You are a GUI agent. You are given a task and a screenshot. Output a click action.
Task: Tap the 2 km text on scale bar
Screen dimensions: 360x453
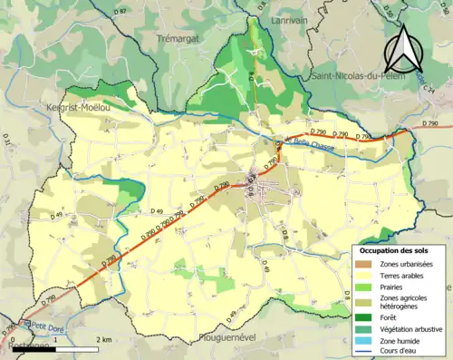(x=106, y=340)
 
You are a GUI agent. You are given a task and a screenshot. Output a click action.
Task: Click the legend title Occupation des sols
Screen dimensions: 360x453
(x=393, y=249)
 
